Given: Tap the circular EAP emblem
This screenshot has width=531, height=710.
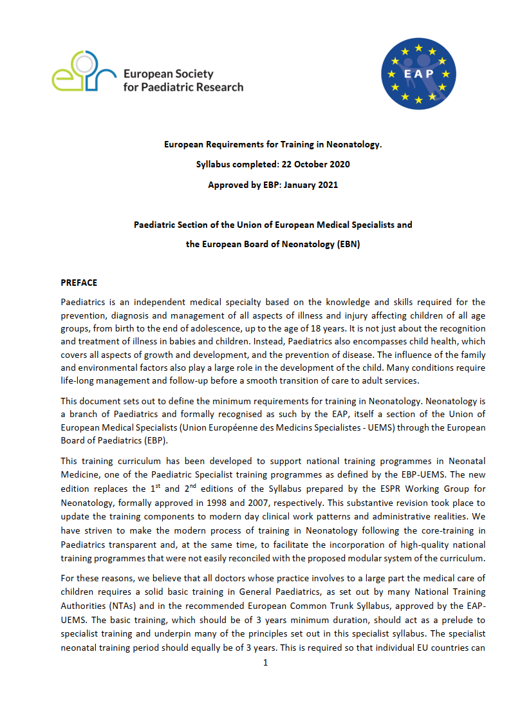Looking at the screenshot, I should [x=418, y=72].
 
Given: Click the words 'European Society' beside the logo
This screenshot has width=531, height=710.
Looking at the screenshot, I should [x=168, y=74].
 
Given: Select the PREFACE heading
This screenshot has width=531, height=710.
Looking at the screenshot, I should [x=79, y=283].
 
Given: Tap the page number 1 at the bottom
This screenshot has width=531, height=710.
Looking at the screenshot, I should [x=265, y=662].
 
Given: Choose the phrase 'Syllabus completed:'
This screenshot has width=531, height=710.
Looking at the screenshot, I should [x=234, y=164].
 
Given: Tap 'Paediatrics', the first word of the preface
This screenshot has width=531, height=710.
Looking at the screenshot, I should [x=83, y=302].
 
